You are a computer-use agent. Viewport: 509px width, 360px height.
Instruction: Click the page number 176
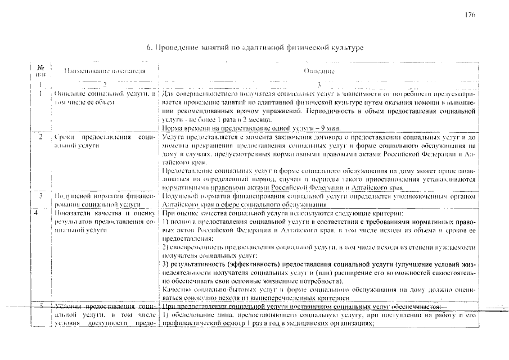pos(470,15)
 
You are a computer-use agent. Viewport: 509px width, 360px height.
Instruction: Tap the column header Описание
pos(319,71)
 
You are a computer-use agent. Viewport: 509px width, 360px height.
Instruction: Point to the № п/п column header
pos(40,71)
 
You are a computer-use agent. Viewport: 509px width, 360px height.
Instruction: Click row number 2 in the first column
pos(41,137)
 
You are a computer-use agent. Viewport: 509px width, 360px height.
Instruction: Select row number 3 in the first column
pos(41,196)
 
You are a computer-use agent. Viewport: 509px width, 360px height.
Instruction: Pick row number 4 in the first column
pos(41,213)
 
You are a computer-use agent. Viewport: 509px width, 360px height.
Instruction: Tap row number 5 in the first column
pos(41,306)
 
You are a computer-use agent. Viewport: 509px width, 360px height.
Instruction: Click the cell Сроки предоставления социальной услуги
pos(102,141)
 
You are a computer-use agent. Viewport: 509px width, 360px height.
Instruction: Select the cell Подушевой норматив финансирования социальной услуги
pos(102,200)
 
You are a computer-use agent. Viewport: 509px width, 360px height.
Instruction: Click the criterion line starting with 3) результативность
pos(318,264)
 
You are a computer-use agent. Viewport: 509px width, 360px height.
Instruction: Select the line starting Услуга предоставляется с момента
pos(318,137)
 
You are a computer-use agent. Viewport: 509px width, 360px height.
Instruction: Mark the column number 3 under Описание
pos(319,84)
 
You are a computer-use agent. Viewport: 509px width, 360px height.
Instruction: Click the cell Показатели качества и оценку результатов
pos(102,222)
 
